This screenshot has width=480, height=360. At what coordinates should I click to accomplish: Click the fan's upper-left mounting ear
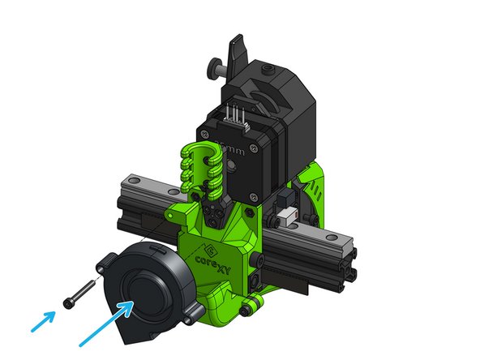click(105, 261)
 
